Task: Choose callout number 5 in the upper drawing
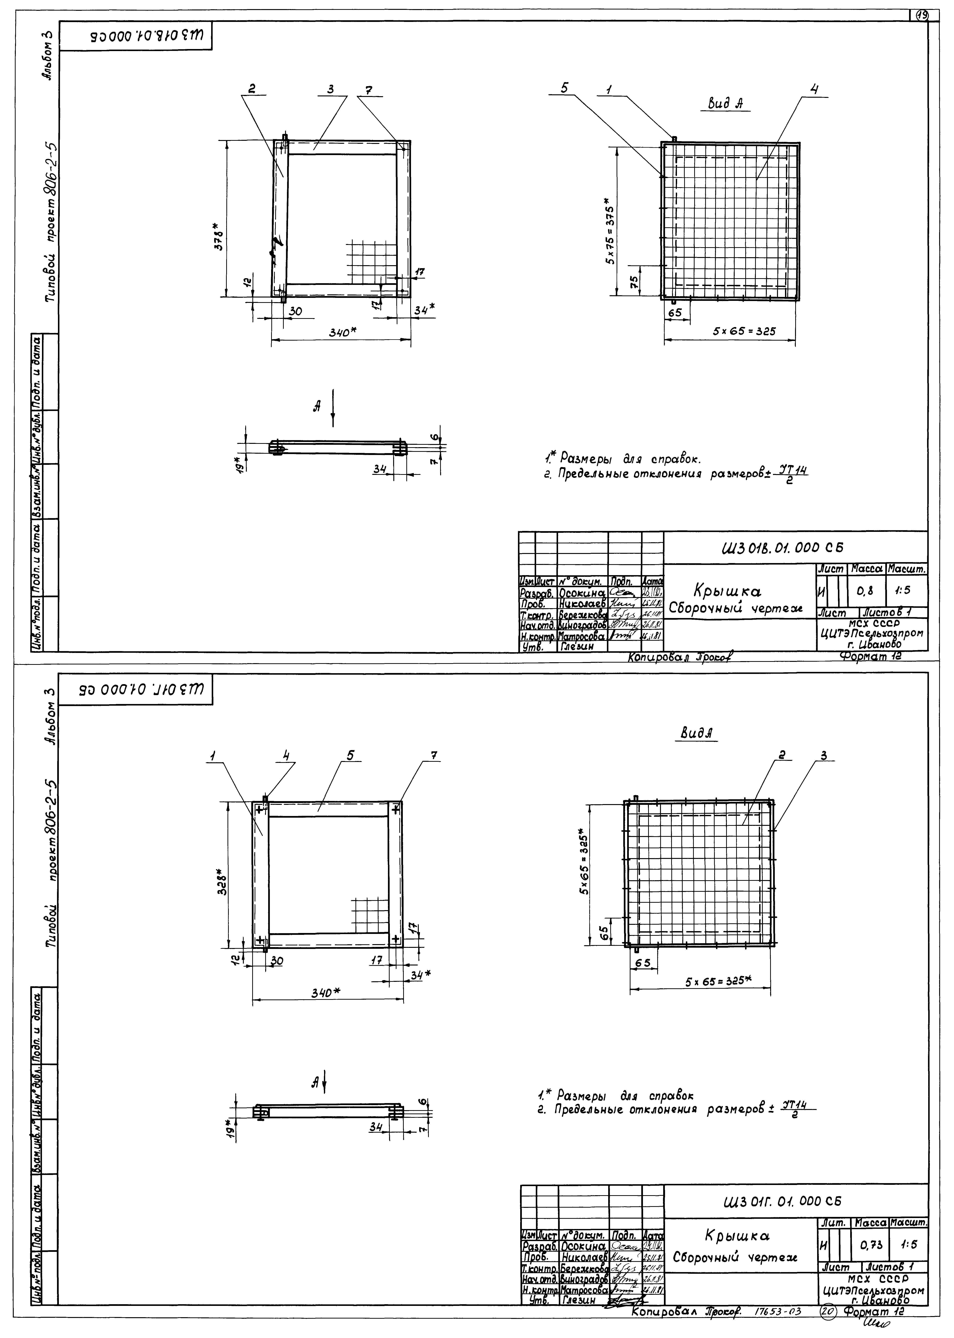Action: [x=565, y=88]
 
